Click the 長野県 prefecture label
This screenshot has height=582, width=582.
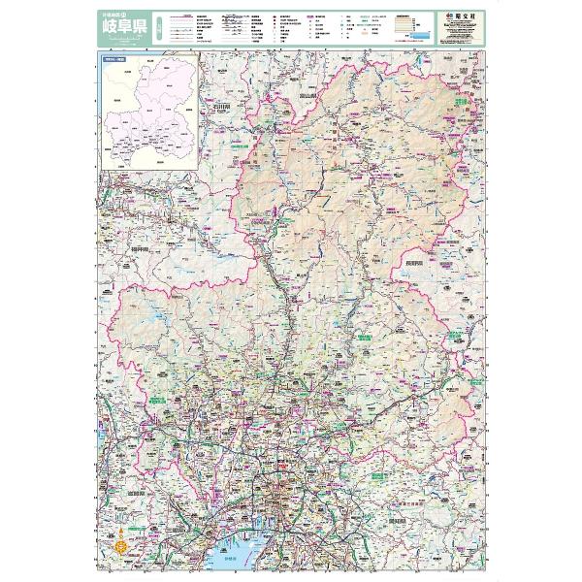tap(414, 262)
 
